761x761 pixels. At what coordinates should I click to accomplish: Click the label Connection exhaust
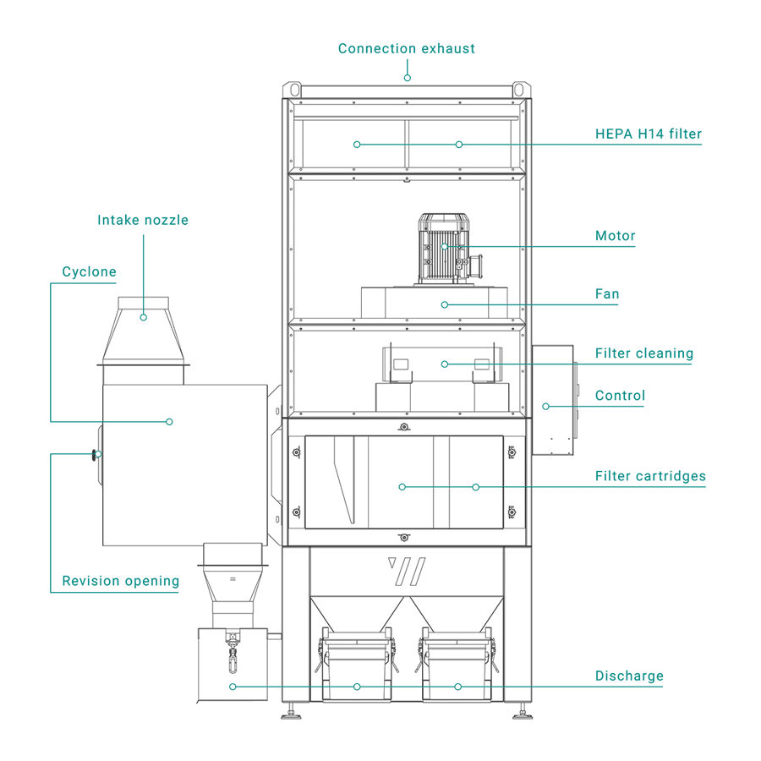point(406,48)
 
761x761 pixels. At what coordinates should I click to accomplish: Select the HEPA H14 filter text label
point(649,134)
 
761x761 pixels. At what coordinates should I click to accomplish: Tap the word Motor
point(615,236)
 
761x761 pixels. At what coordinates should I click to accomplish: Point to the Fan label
point(607,294)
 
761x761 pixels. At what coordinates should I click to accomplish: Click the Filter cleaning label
point(643,353)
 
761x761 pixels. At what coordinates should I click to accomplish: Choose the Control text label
point(620,395)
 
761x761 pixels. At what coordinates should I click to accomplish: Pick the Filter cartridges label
point(649,477)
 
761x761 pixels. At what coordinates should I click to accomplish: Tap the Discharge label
point(629,676)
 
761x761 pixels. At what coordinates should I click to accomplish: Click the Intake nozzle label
point(143,220)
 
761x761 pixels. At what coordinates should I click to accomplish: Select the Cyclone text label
point(89,272)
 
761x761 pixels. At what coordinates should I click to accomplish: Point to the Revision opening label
point(120,581)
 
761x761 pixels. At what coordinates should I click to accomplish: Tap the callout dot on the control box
point(545,406)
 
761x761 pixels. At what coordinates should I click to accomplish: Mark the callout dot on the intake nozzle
point(143,317)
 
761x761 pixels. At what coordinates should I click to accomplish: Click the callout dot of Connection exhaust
point(407,78)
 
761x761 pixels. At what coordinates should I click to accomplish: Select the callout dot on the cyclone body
point(169,421)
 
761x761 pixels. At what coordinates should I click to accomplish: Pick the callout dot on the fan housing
point(444,304)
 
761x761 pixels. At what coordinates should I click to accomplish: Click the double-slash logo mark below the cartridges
point(406,571)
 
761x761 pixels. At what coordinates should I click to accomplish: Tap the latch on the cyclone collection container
point(232,651)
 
